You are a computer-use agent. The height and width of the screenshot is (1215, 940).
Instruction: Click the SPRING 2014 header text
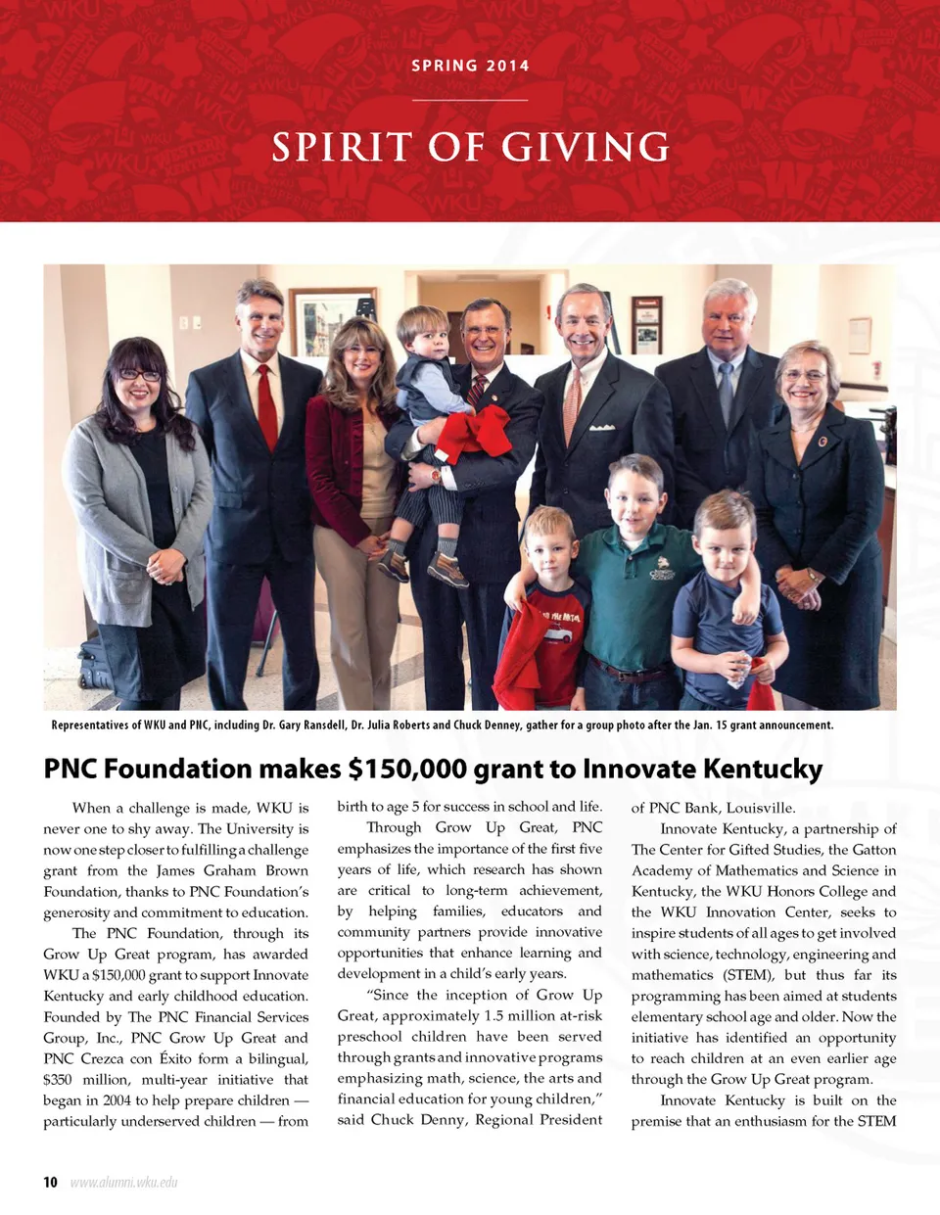point(470,66)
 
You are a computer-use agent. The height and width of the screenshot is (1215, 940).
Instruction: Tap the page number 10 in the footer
point(50,1182)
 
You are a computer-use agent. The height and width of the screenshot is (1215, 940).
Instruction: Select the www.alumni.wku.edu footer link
point(124,1182)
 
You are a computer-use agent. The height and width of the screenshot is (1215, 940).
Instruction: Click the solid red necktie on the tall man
point(266,406)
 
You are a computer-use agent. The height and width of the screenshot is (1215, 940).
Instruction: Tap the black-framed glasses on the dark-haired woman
point(138,375)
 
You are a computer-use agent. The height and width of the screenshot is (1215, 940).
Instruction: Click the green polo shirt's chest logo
point(662,567)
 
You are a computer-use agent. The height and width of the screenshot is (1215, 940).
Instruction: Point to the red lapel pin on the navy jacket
point(822,442)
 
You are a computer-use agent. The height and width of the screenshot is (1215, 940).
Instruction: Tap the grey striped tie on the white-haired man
point(726,392)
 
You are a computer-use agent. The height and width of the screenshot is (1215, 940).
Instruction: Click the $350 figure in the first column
point(58,1079)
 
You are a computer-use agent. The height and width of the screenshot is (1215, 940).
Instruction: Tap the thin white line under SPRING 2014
point(470,100)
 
